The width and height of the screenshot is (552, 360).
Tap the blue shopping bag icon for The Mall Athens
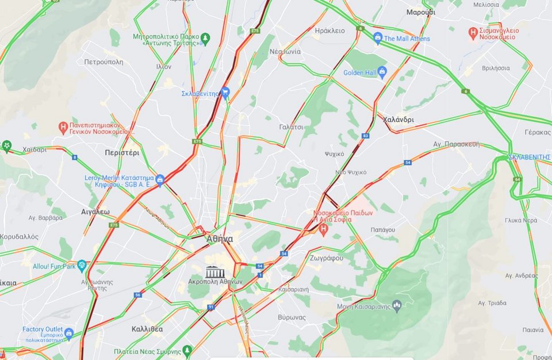click(378, 38)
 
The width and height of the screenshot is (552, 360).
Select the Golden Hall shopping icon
click(382, 72)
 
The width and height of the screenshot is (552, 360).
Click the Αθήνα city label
click(219, 239)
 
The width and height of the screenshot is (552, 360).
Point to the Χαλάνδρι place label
click(398, 120)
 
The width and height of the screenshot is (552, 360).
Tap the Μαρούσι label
click(420, 12)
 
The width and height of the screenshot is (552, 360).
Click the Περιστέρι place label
click(122, 153)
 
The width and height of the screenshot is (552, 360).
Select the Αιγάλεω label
click(95, 212)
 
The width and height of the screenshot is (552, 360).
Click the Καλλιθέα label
click(146, 329)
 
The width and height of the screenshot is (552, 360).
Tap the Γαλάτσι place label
click(291, 127)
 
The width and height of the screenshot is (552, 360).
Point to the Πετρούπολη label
click(103, 61)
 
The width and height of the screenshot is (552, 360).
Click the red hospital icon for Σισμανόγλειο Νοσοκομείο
click(473, 33)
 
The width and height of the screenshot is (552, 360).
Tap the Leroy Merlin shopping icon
click(160, 180)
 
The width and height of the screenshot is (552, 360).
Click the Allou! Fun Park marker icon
click(82, 266)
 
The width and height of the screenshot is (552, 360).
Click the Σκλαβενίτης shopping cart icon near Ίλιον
click(225, 92)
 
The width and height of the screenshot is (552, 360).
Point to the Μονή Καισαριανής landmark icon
click(396, 304)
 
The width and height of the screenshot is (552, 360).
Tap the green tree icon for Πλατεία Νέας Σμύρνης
click(186, 350)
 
